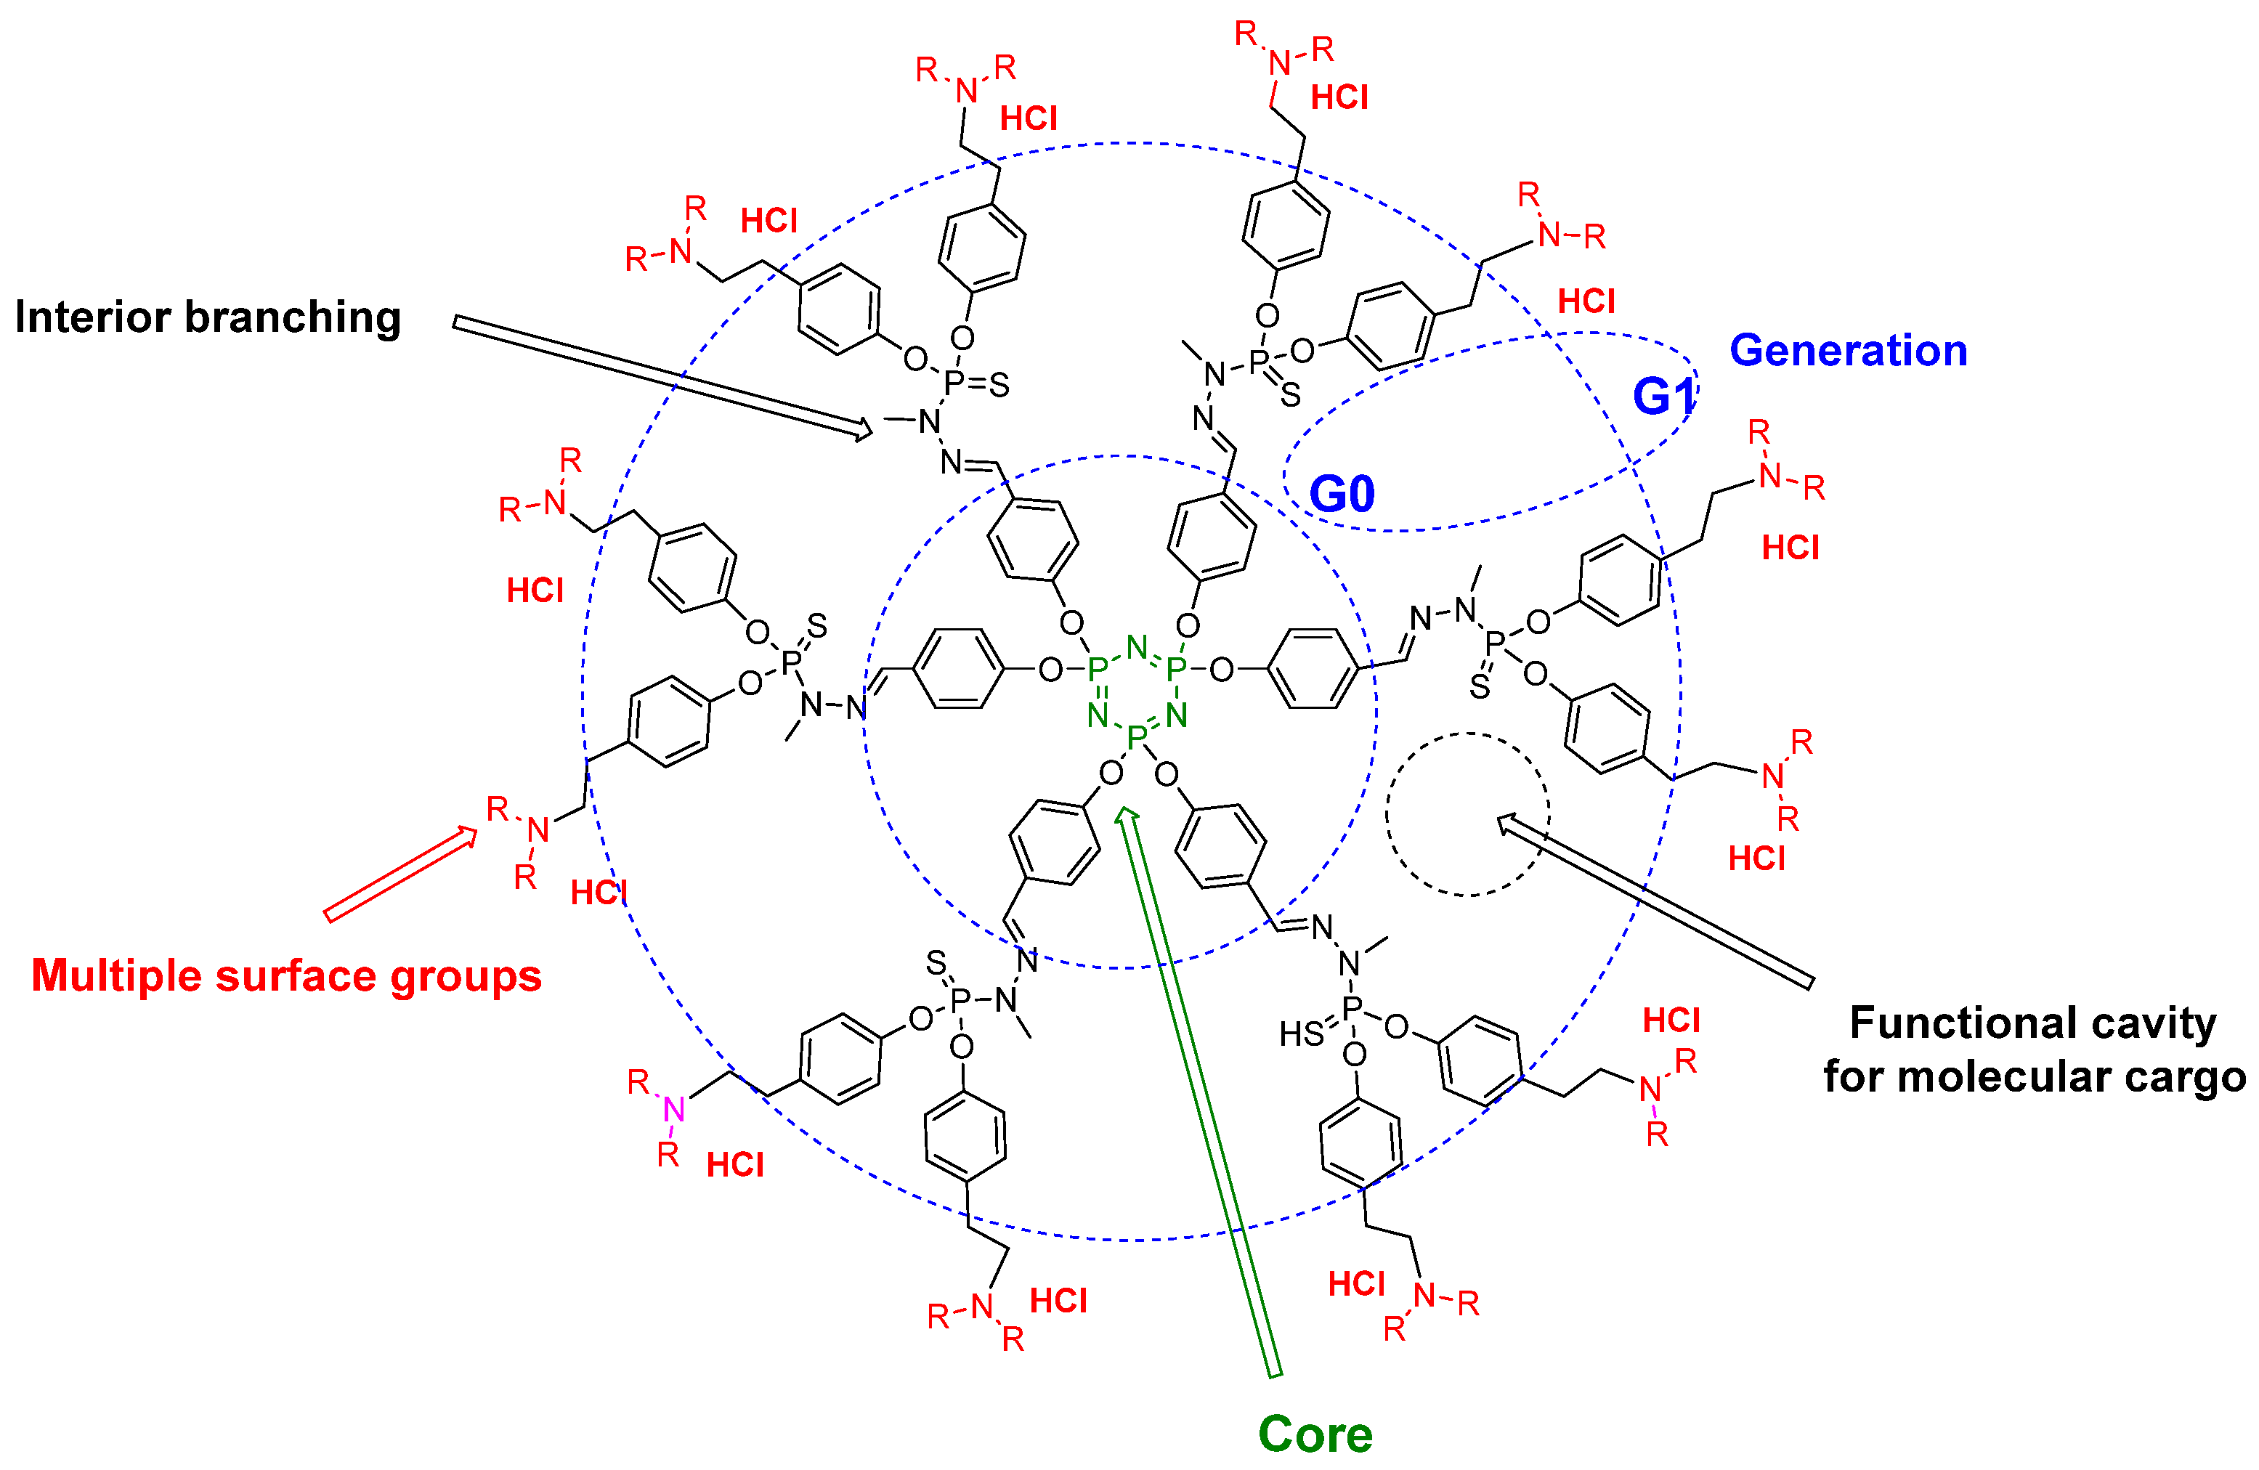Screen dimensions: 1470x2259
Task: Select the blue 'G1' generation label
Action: tap(1663, 396)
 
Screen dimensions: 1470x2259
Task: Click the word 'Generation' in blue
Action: tap(1848, 350)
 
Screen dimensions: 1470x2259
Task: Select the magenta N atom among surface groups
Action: tap(674, 1108)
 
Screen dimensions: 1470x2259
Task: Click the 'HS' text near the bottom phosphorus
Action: tap(1300, 1034)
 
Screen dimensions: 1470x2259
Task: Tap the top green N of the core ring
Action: tap(1136, 647)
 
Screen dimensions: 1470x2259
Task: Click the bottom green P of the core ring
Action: tap(1136, 737)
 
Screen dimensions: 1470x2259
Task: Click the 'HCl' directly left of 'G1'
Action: tap(1586, 302)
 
